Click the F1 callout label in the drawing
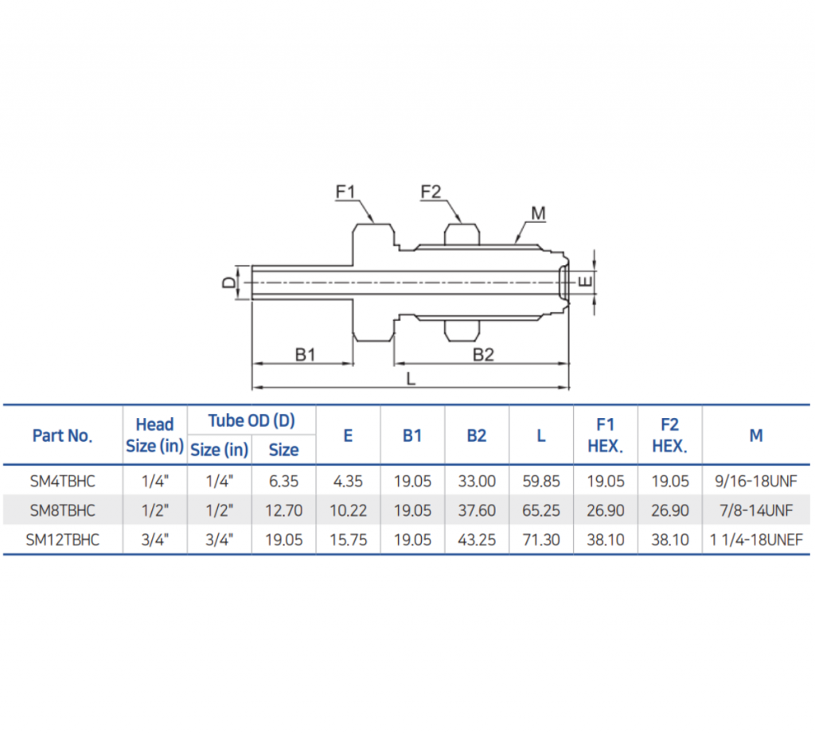click(x=345, y=192)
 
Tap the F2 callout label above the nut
click(x=431, y=192)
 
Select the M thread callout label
click(x=538, y=213)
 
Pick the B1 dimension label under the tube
click(x=306, y=355)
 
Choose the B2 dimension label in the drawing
click(x=483, y=355)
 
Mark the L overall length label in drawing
click(x=411, y=379)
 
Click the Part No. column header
click(x=62, y=435)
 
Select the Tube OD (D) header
click(x=252, y=420)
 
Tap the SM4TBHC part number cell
click(x=62, y=481)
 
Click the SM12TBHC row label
click(x=62, y=540)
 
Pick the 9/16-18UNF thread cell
click(x=756, y=481)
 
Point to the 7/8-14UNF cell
click(x=756, y=510)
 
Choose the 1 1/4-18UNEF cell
click(x=756, y=540)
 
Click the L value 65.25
click(x=540, y=510)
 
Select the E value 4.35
click(x=348, y=481)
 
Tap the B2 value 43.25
click(x=476, y=540)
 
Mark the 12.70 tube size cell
click(x=283, y=510)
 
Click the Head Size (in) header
click(x=154, y=435)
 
